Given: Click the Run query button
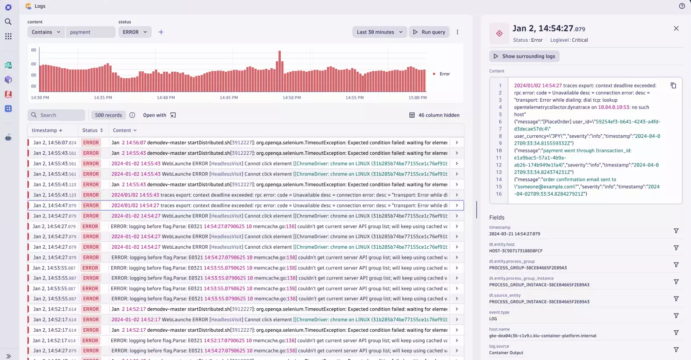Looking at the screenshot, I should tap(429, 32).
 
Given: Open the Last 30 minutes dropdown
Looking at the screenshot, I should tap(379, 32).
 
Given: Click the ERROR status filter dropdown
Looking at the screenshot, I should tap(135, 32).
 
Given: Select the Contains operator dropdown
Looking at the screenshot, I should tap(46, 32).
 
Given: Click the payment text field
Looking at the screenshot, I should tap(90, 32).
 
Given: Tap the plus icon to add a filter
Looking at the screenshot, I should tap(161, 32).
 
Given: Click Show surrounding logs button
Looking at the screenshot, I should tap(524, 56).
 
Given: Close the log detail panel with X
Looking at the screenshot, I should tap(676, 29).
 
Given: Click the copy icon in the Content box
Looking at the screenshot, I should tap(673, 86).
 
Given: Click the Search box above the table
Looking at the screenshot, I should tap(56, 115).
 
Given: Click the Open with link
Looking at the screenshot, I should tap(159, 115).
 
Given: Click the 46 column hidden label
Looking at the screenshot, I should tap(434, 115).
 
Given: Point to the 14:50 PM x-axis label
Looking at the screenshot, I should tap(292, 98).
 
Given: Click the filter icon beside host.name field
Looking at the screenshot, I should tap(676, 333).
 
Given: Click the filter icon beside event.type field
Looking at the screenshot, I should tap(676, 316).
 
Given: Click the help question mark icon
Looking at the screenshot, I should tap(682, 6).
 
